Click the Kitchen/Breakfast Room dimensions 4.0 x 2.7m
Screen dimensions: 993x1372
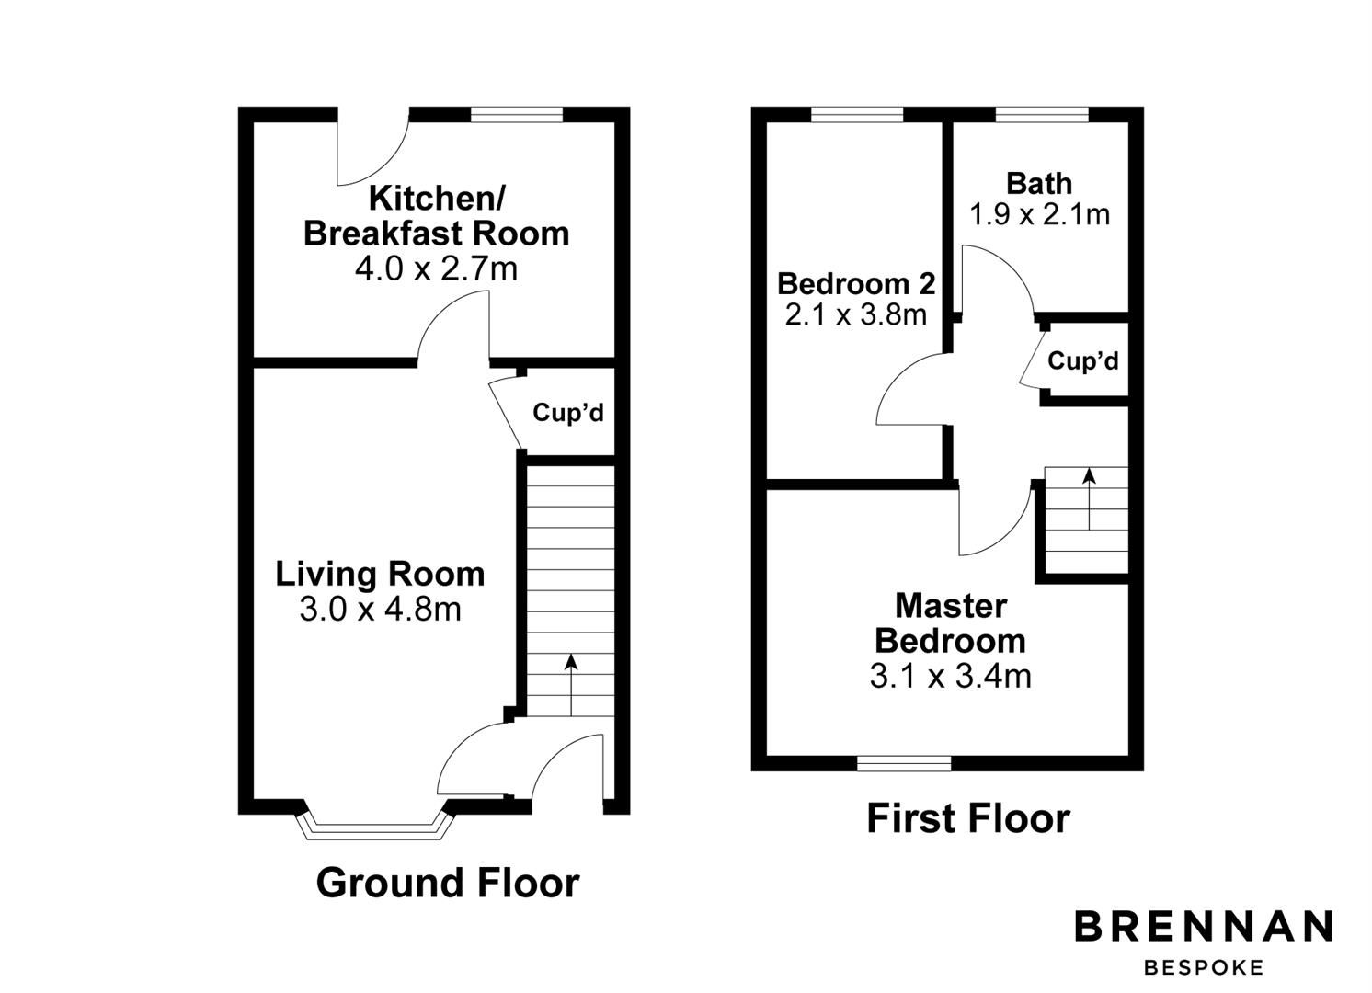(436, 269)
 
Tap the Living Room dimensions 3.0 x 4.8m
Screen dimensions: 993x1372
(380, 610)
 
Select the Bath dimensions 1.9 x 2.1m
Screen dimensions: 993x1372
(1039, 215)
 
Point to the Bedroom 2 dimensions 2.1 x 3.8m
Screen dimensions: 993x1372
(855, 315)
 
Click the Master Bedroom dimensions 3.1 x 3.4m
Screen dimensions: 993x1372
(950, 677)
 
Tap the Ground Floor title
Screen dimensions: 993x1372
(448, 883)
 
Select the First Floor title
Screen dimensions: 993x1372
(968, 818)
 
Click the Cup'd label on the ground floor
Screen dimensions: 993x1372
(568, 414)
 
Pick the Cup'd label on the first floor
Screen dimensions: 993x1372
(1083, 361)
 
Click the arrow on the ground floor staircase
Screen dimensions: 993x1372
(571, 684)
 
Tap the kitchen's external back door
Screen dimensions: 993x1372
(372, 147)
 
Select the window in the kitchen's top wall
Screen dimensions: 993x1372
(516, 115)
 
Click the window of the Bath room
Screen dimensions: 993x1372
(1042, 115)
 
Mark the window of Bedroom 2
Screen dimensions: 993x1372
(857, 115)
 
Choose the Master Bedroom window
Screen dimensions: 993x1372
(904, 763)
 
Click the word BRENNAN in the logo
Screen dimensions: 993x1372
(1204, 927)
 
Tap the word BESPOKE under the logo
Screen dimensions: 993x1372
(1204, 967)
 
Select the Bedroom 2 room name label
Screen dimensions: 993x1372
(855, 284)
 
